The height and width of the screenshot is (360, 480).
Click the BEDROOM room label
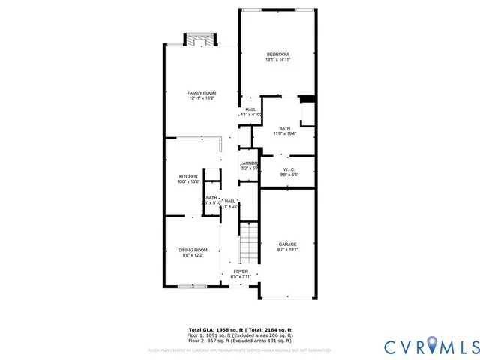click(x=277, y=54)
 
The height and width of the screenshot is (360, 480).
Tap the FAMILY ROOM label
click(x=202, y=92)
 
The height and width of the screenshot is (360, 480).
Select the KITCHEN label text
click(x=187, y=176)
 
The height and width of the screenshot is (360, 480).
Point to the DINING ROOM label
click(x=193, y=250)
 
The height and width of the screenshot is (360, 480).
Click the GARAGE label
click(x=288, y=244)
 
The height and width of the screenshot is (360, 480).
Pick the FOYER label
click(x=241, y=271)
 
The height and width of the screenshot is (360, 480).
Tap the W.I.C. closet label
click(x=289, y=169)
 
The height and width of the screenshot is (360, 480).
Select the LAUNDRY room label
click(x=250, y=163)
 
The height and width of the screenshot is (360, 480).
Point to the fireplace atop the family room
click(x=200, y=40)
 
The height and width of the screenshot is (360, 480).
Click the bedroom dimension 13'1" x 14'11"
click(x=277, y=60)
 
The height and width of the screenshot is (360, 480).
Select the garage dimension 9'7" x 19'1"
click(x=288, y=250)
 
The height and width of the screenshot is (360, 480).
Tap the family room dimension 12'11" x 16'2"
click(x=202, y=98)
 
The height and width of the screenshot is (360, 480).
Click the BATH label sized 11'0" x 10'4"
click(x=284, y=127)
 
